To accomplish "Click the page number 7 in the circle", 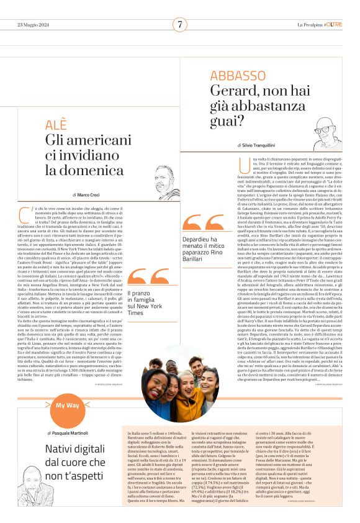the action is coord(180,24).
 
